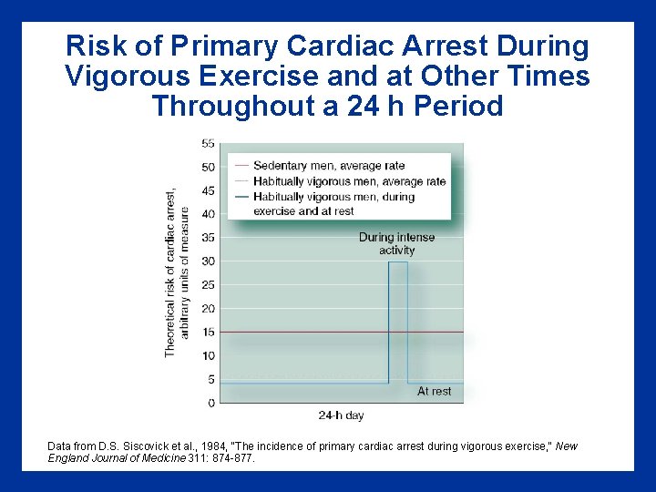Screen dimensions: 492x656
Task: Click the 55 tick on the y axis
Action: tap(208, 143)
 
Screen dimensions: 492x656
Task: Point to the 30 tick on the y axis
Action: tap(208, 261)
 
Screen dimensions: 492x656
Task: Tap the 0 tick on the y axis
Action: tap(211, 403)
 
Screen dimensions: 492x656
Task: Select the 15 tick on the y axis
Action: tap(208, 333)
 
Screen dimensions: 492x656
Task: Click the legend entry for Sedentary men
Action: tap(328, 166)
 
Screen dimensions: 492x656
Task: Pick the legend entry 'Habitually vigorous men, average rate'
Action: tap(349, 181)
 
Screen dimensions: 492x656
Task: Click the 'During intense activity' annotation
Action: tap(396, 243)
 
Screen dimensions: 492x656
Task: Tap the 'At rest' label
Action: tap(434, 391)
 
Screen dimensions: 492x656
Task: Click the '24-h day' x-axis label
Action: tap(341, 415)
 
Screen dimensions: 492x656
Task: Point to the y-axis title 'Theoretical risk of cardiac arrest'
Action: tap(170, 272)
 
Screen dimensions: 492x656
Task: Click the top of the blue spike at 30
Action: tap(398, 262)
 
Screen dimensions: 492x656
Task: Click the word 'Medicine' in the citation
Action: tap(163, 458)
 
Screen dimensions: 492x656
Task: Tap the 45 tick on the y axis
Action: tap(208, 190)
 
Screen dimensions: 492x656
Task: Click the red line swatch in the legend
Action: tap(241, 166)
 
